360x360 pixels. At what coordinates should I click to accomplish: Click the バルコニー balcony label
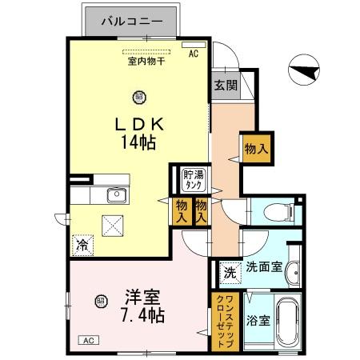click(x=133, y=22)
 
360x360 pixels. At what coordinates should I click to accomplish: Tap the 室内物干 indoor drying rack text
click(x=145, y=60)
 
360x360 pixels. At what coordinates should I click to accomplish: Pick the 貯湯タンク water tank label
click(x=193, y=179)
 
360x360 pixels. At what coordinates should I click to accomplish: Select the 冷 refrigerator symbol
click(x=82, y=245)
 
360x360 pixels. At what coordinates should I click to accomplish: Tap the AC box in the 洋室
click(x=87, y=341)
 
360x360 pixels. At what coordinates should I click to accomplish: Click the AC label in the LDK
click(x=193, y=54)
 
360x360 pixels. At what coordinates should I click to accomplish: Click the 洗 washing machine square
click(x=229, y=270)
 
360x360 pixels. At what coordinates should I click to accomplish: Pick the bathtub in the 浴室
click(x=286, y=325)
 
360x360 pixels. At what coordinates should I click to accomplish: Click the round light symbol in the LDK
click(x=139, y=97)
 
